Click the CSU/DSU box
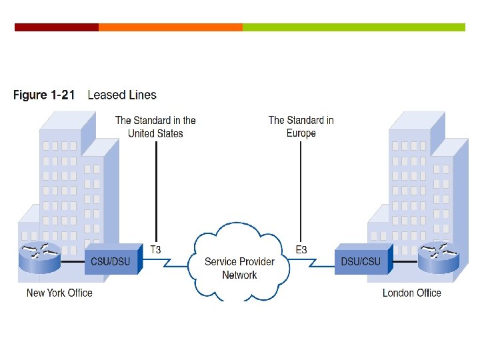coord(112,260)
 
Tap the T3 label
coord(155,250)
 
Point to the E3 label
coord(301,250)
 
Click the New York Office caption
coord(59,293)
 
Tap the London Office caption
coord(411,293)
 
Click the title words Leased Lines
coord(122,95)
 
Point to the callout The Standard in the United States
coord(155,127)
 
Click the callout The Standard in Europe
coord(301,127)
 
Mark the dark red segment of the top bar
coord(57,27)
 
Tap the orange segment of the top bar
coord(171,27)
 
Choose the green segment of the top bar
coord(353,27)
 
